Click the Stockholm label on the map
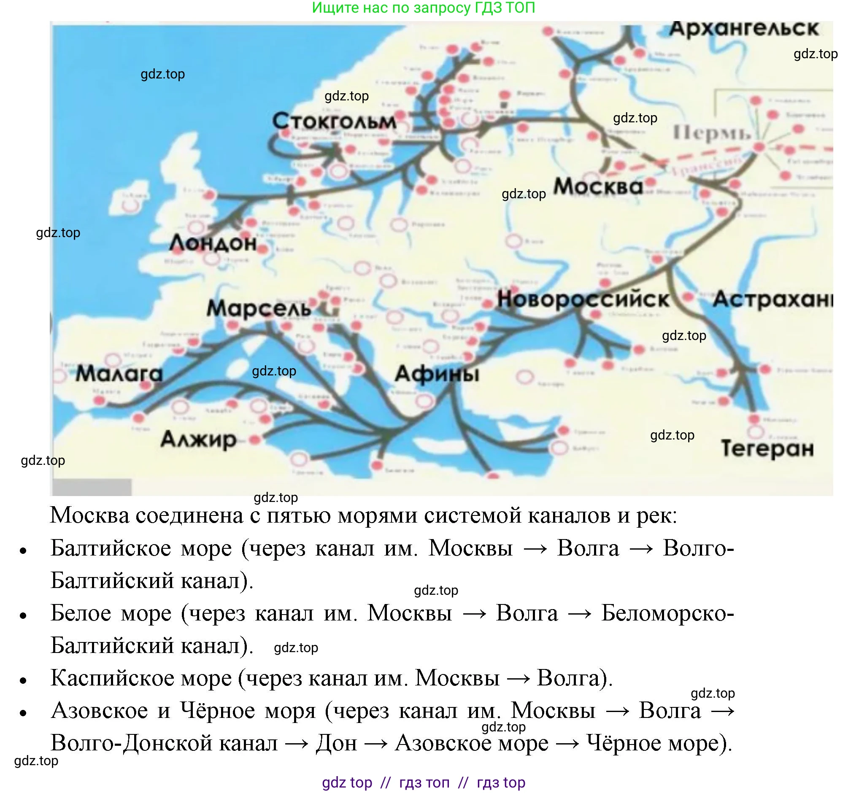click(x=334, y=121)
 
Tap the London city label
click(x=213, y=243)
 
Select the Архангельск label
click(x=743, y=29)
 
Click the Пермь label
click(x=711, y=134)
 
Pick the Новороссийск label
click(x=583, y=299)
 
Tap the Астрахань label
click(x=772, y=299)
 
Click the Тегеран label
click(x=767, y=449)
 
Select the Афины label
click(x=437, y=374)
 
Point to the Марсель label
click(x=259, y=308)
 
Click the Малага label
click(x=119, y=374)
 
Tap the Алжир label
click(x=198, y=439)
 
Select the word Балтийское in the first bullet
click(x=141, y=548)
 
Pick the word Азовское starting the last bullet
click(x=100, y=711)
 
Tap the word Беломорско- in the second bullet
click(x=667, y=613)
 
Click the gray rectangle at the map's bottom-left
click(x=92, y=487)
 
